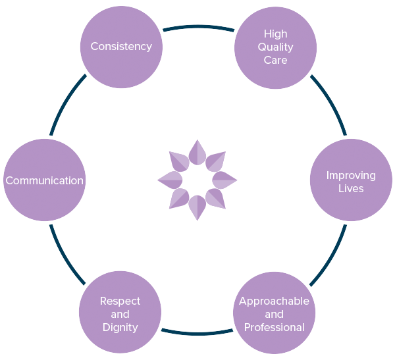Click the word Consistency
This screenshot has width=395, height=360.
tap(121, 47)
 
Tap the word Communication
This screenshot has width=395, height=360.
tap(45, 180)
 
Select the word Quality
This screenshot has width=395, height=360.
tap(275, 47)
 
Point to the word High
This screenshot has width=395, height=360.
tap(275, 34)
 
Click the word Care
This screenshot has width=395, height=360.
tap(275, 60)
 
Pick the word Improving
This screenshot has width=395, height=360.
tap(351, 176)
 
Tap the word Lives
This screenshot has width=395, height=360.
tap(351, 189)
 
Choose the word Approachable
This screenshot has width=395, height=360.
tap(274, 301)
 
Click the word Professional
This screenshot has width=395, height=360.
tap(274, 328)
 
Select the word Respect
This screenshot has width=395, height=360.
tap(120, 301)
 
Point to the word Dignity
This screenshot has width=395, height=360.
tap(120, 328)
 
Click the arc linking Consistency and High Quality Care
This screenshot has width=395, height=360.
tap(197, 27)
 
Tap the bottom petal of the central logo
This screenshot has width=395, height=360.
tap(197, 207)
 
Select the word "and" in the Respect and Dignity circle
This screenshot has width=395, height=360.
tap(120, 315)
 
